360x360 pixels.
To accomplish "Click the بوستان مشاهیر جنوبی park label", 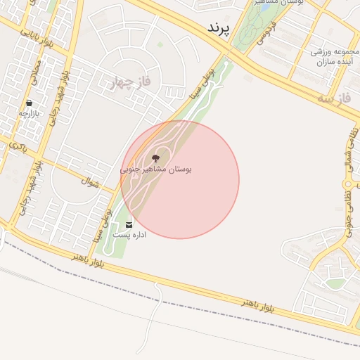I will click(x=157, y=169).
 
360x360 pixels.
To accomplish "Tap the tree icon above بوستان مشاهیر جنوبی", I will click(x=155, y=158).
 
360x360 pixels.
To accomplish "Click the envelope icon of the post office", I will click(x=128, y=225).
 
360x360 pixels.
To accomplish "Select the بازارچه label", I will click(x=29, y=113).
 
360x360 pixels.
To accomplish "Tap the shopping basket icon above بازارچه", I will click(x=29, y=103).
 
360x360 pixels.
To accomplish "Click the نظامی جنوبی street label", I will click(x=349, y=221).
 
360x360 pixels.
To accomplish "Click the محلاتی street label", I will click(x=37, y=72).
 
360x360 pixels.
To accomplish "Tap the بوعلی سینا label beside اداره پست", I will click(x=101, y=222).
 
